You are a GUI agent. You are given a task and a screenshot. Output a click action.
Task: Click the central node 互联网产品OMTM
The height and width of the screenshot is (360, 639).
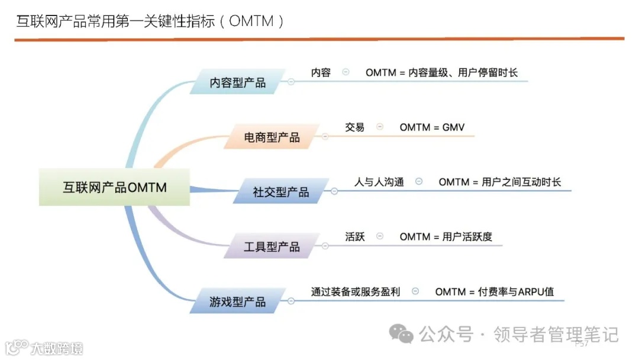(114, 187)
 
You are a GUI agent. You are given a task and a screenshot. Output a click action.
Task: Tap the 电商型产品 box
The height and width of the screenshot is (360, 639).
(272, 137)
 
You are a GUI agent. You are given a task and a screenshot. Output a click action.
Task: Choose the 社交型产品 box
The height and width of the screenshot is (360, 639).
(280, 192)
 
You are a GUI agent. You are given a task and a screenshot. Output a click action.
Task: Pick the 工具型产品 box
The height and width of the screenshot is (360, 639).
(272, 246)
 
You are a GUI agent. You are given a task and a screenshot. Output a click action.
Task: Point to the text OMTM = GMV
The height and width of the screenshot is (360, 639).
(432, 127)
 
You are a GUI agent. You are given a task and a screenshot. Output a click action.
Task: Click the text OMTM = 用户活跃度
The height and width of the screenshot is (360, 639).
(446, 237)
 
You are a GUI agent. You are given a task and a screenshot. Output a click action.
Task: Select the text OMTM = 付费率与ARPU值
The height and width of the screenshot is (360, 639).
(494, 292)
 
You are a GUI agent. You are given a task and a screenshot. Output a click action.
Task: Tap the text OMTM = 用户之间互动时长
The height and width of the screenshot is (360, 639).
(499, 182)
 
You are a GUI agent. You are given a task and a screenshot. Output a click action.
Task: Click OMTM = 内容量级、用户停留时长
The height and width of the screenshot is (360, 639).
(441, 73)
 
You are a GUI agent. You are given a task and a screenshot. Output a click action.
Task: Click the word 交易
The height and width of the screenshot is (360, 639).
(354, 127)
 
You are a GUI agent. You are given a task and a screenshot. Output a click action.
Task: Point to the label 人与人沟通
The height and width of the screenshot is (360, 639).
(379, 182)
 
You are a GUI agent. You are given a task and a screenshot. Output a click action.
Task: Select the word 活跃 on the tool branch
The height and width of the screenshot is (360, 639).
(354, 237)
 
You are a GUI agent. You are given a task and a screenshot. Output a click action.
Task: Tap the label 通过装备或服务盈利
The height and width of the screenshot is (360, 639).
(356, 292)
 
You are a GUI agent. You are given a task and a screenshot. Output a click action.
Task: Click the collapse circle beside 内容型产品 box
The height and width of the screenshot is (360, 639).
(291, 82)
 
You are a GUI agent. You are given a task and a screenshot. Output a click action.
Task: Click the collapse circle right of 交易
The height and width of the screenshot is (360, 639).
(380, 127)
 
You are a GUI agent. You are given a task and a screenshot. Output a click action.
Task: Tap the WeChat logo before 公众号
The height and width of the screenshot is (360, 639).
(405, 335)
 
